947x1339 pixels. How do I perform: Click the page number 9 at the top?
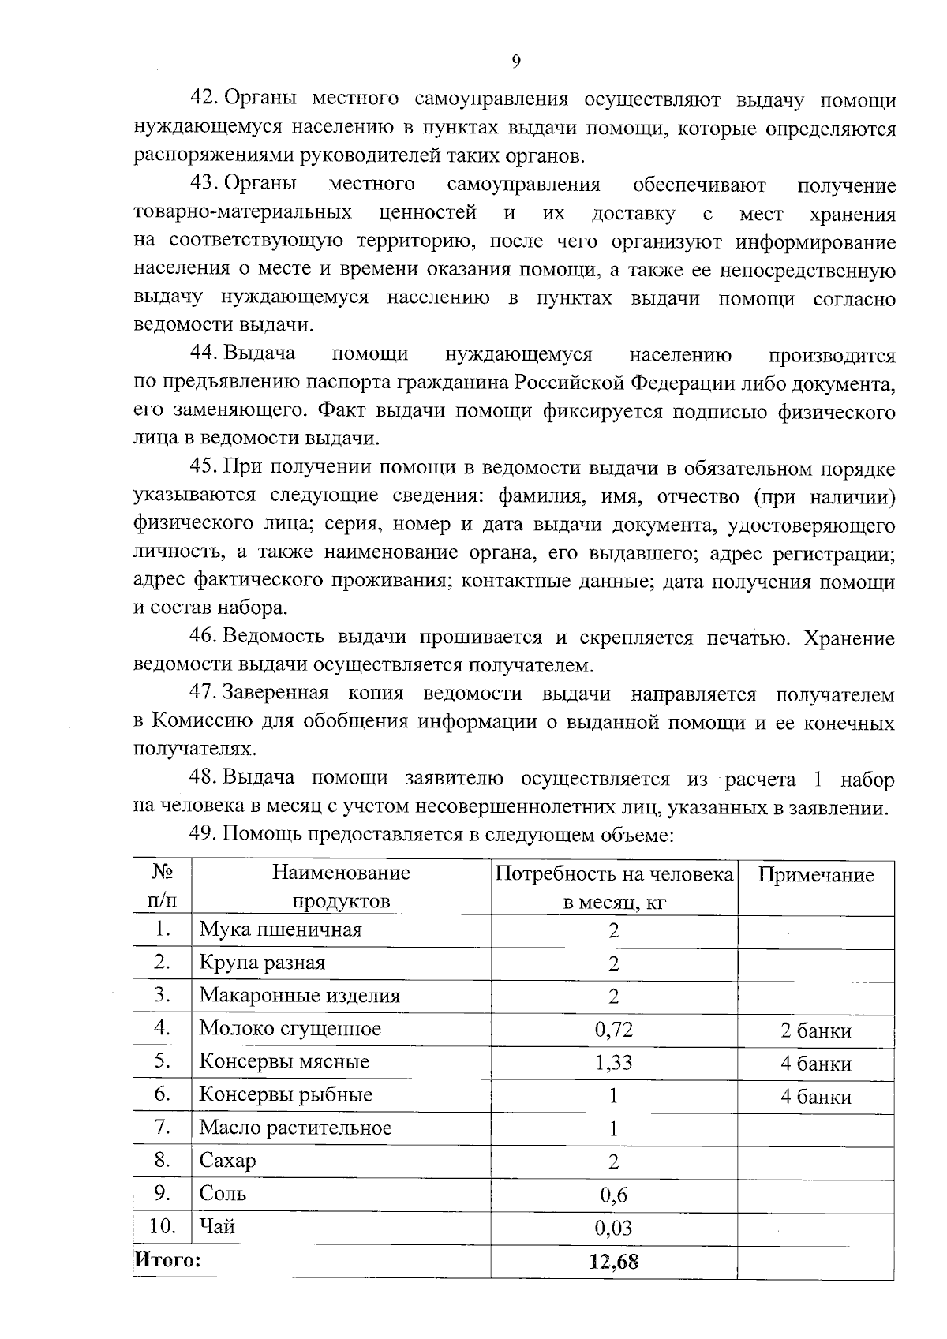[516, 62]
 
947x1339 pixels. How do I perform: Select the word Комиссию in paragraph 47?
[201, 722]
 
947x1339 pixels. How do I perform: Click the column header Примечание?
[816, 875]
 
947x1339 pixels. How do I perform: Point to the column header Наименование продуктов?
[341, 887]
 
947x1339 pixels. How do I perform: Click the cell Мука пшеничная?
[280, 929]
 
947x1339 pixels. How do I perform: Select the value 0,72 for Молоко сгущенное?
[613, 1029]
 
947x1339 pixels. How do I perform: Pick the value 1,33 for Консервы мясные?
[613, 1062]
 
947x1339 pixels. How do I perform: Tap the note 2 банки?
[816, 1030]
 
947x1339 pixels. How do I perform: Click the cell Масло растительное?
[295, 1128]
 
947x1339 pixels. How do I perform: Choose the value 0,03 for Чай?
[613, 1228]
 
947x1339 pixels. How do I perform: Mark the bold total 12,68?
[613, 1262]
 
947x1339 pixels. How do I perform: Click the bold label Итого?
[167, 1259]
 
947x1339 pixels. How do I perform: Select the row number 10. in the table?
[163, 1226]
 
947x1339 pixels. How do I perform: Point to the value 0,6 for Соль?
[613, 1195]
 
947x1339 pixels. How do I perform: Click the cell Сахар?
[227, 1161]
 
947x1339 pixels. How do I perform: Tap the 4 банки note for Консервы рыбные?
[816, 1097]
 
